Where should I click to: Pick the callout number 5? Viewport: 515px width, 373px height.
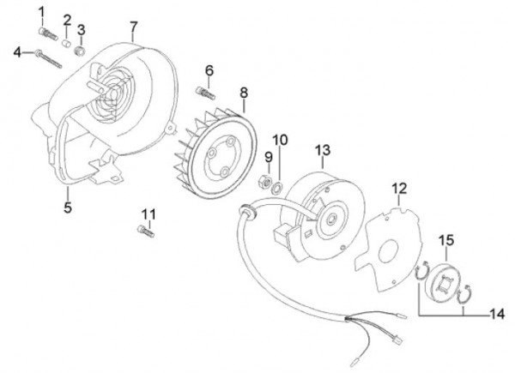[68, 206]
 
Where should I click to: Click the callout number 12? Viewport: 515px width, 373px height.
[398, 188]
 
